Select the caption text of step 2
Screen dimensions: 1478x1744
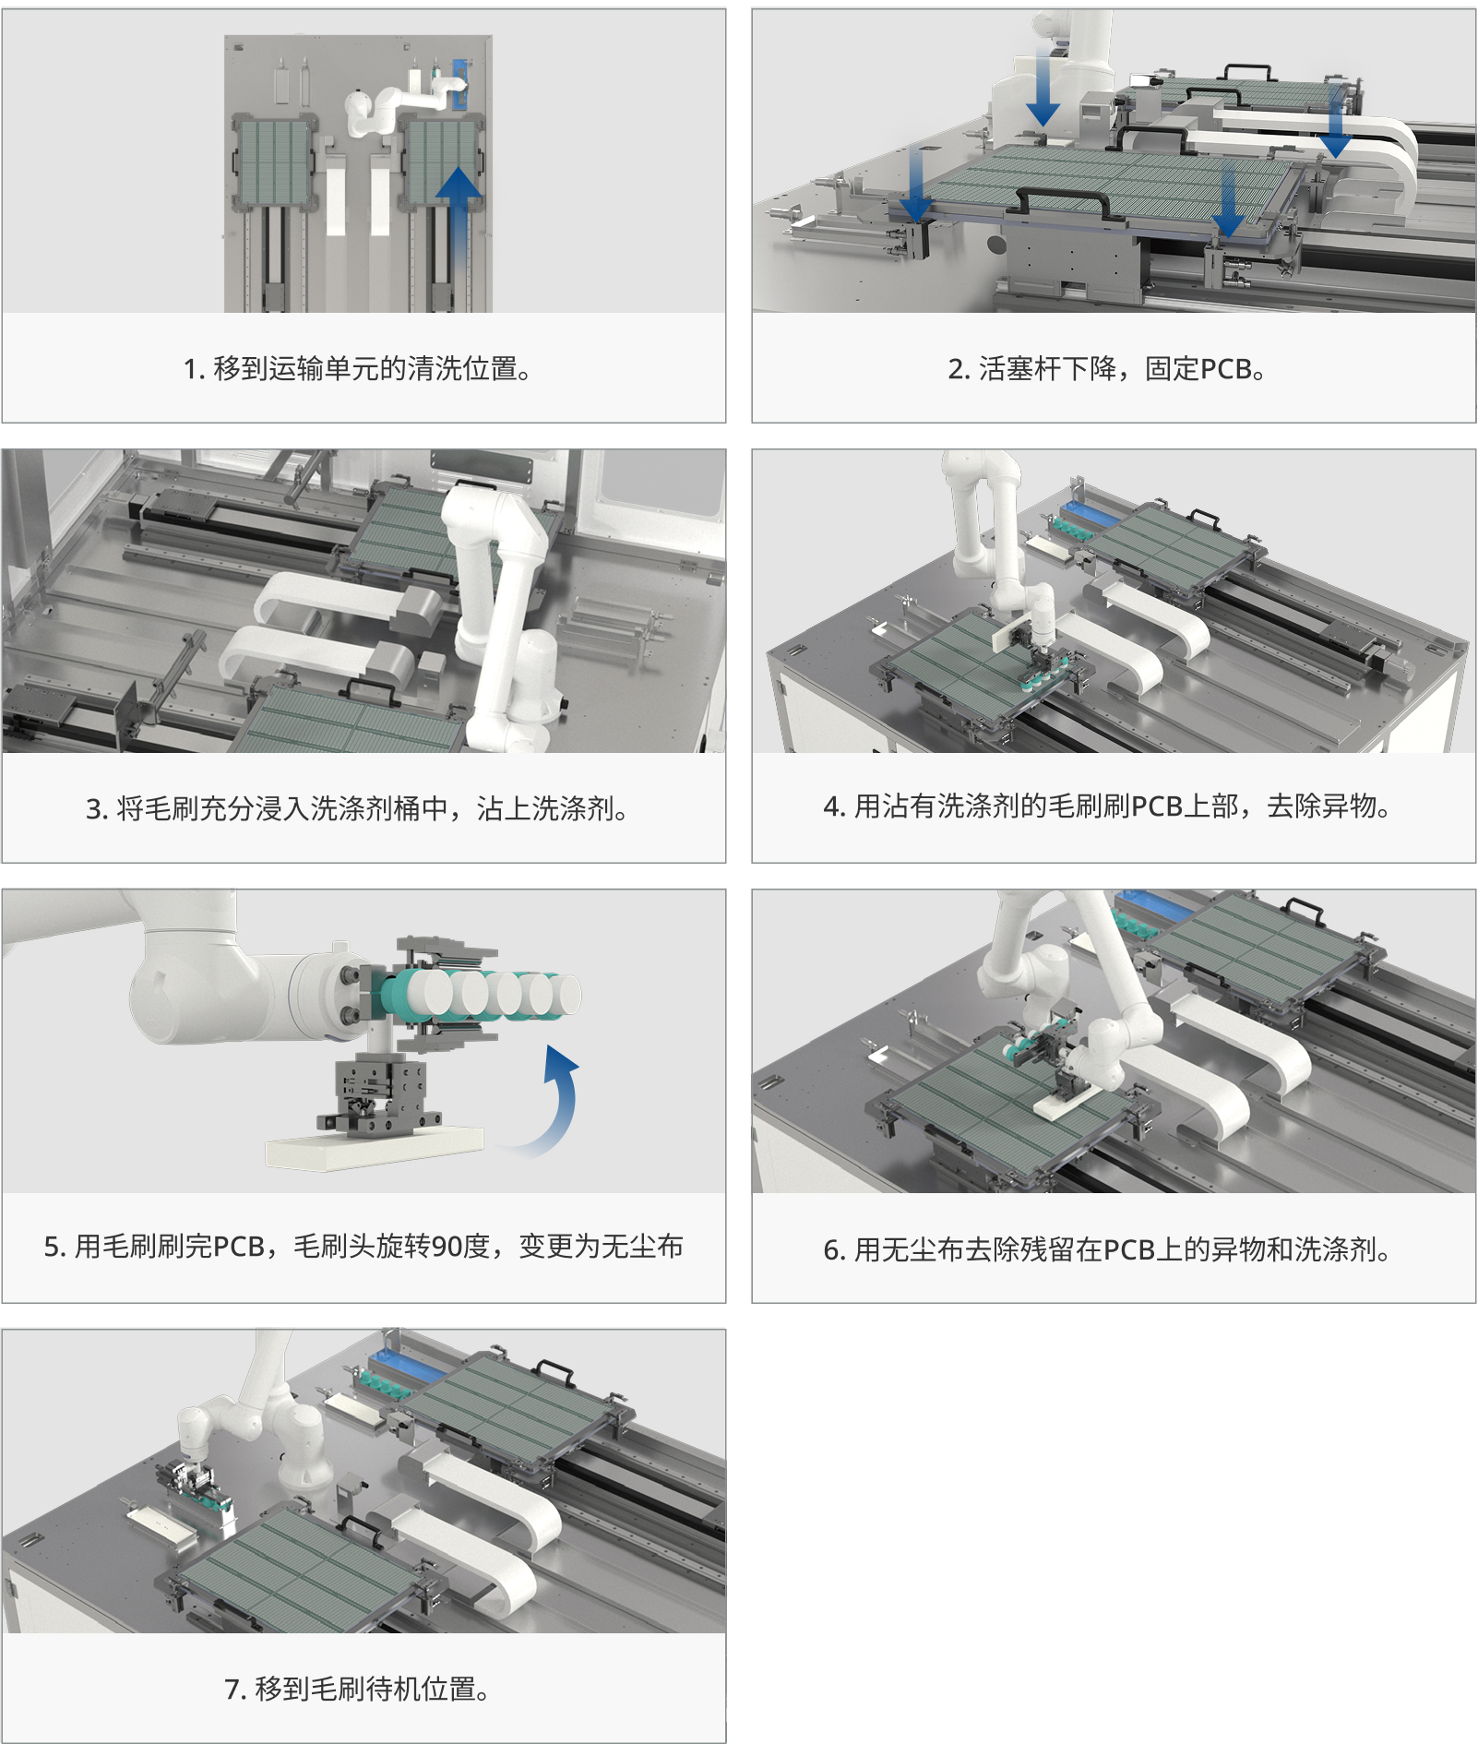(1107, 369)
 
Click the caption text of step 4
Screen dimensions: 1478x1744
(1107, 806)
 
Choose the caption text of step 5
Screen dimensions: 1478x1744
(364, 1247)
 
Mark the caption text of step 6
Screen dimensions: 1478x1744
(1107, 1249)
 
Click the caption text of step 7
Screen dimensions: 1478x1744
(358, 1689)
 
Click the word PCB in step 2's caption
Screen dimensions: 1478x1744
(1225, 369)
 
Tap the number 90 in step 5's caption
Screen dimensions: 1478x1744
(447, 1247)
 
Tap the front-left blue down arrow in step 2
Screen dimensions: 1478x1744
(916, 185)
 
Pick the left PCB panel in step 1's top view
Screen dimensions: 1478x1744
(274, 161)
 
